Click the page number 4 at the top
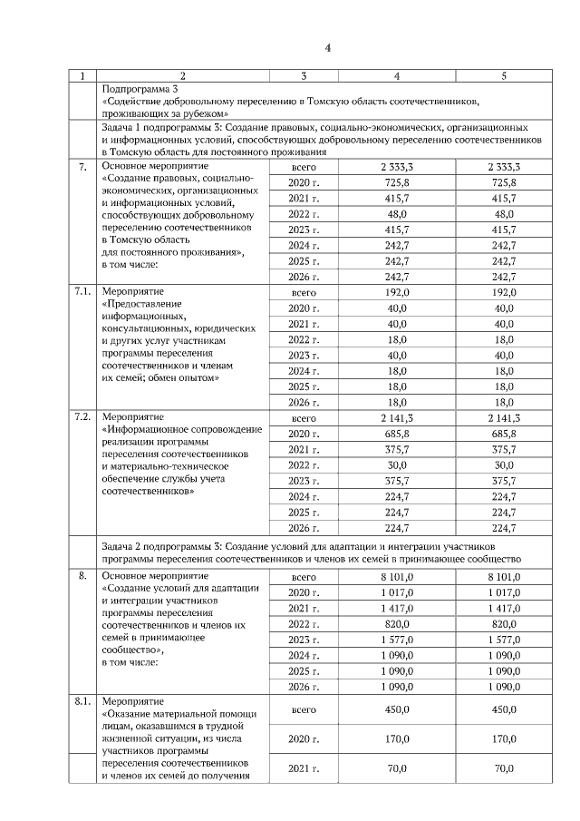pos(328,47)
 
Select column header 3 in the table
pos(304,76)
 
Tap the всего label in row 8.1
pos(304,711)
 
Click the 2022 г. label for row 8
pos(304,623)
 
